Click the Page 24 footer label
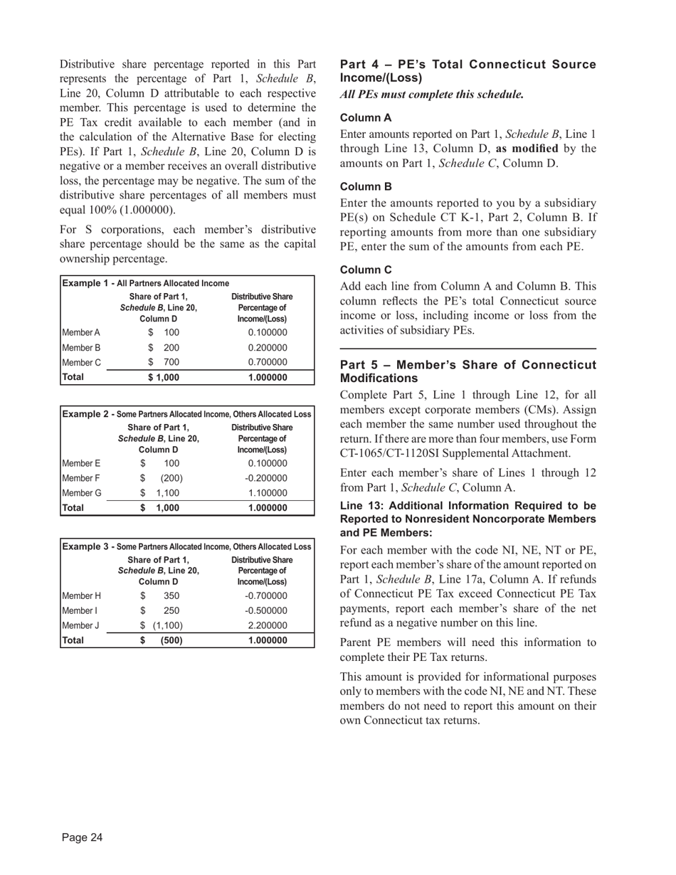tap(82, 838)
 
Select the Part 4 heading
tap(468, 71)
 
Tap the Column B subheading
tap(366, 187)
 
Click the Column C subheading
tap(366, 270)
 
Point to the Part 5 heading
tap(468, 371)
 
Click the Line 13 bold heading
tap(468, 519)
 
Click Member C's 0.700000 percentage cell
tap(268, 363)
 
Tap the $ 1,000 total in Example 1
tap(164, 378)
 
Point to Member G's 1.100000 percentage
tap(268, 493)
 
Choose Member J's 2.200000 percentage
tap(268, 625)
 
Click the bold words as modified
tap(527, 149)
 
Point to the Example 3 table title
tap(186, 546)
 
